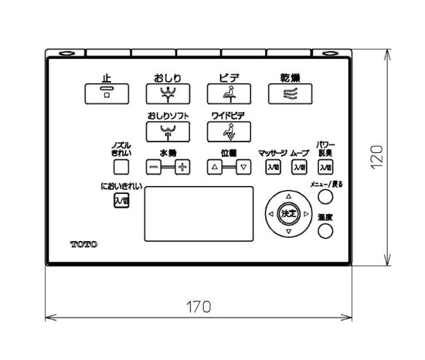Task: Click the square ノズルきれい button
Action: click(x=120, y=167)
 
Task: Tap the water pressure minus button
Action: click(x=153, y=167)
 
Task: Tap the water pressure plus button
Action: click(x=182, y=167)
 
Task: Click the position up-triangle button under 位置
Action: click(x=215, y=167)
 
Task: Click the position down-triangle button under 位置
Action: click(x=244, y=167)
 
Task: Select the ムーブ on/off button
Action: click(x=299, y=167)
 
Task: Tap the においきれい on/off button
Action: click(x=121, y=200)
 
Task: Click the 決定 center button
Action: click(x=288, y=215)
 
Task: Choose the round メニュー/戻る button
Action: click(x=325, y=197)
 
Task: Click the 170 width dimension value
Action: click(x=198, y=307)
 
